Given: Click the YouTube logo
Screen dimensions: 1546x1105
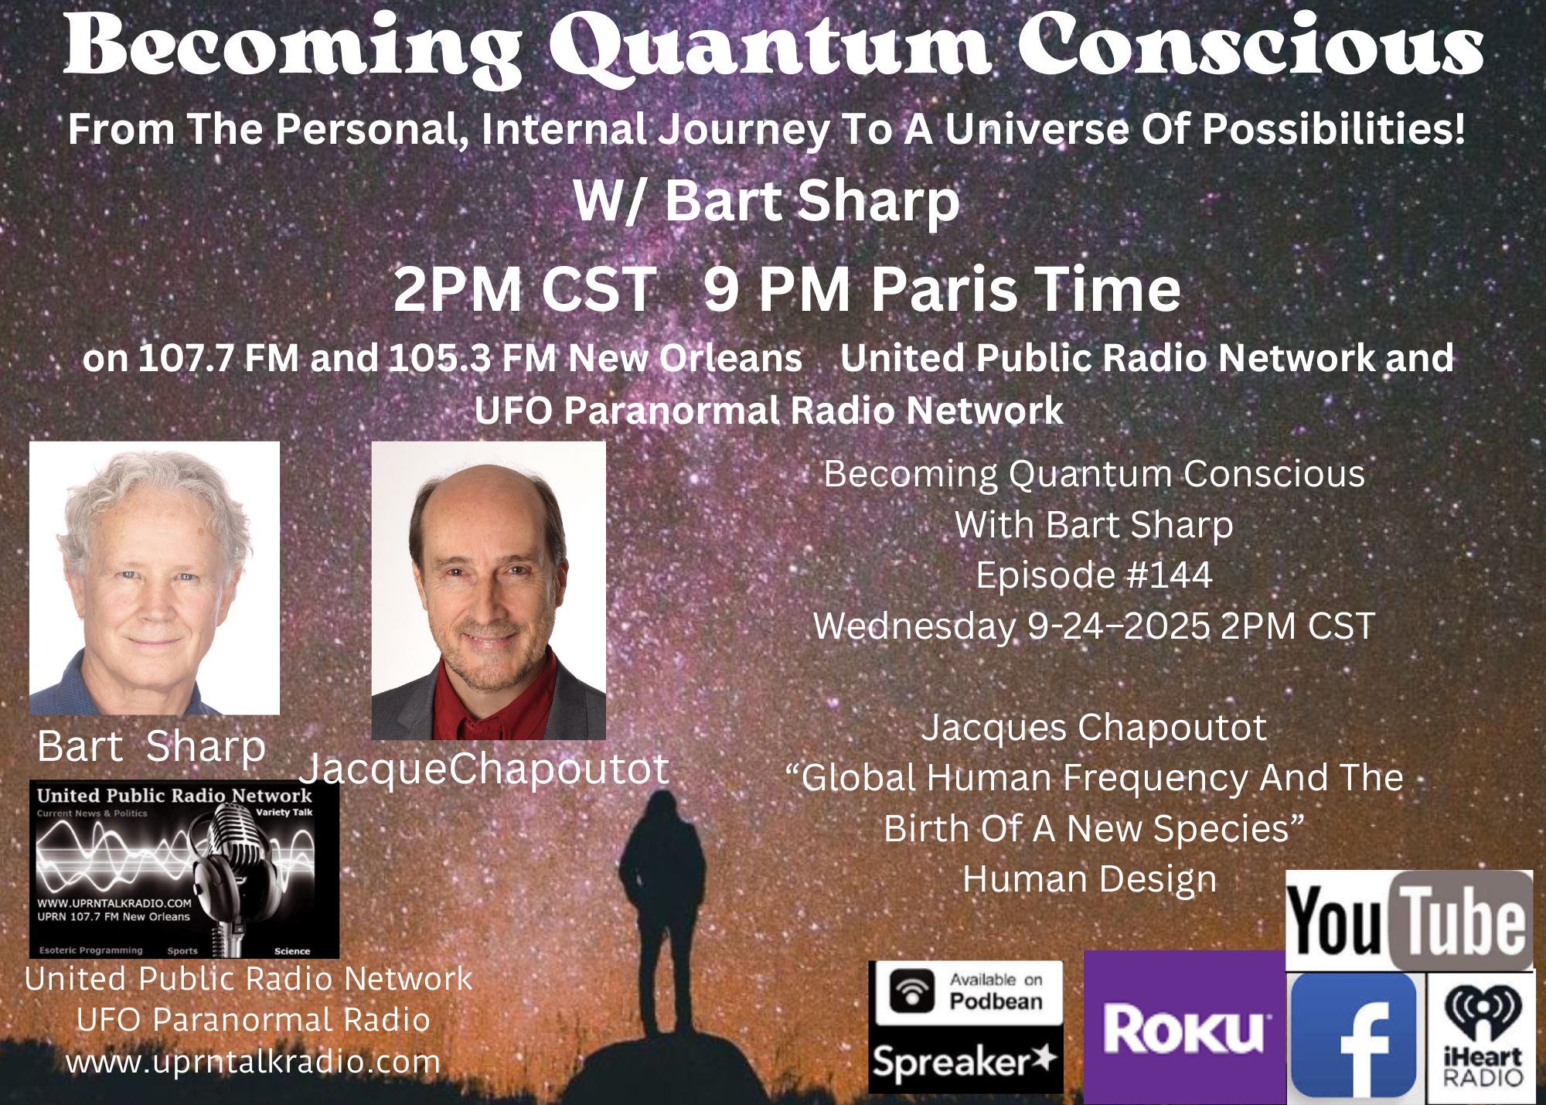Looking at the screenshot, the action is click(x=1408, y=920).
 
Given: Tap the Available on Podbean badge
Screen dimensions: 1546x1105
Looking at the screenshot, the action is click(x=965, y=993).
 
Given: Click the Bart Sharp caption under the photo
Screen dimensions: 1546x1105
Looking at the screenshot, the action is click(x=152, y=746).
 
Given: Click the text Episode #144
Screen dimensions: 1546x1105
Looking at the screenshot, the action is click(x=1094, y=575).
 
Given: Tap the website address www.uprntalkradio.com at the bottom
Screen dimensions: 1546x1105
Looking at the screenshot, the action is click(x=253, y=1061).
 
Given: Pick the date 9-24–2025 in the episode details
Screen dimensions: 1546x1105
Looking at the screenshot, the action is click(x=1118, y=626).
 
